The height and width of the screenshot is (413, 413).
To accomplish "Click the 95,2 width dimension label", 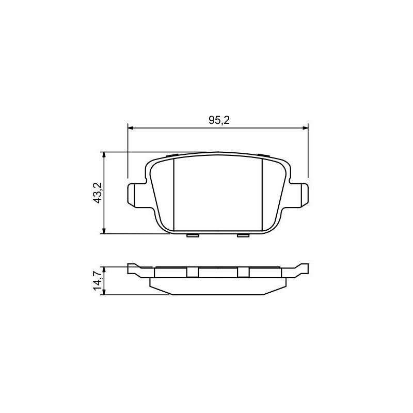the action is pyautogui.click(x=219, y=120).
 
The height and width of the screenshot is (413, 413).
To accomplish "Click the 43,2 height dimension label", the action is pyautogui.click(x=98, y=193).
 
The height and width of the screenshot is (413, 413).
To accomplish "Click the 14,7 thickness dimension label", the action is pyautogui.click(x=98, y=281).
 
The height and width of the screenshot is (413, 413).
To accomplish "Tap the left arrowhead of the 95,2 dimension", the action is pyautogui.click(x=131, y=128).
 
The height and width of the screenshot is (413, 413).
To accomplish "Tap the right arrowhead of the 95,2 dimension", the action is pyautogui.click(x=305, y=128).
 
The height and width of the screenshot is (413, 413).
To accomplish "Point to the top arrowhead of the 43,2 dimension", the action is pyautogui.click(x=104, y=155).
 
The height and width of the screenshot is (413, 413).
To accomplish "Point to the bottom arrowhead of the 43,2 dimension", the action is pyautogui.click(x=104, y=231).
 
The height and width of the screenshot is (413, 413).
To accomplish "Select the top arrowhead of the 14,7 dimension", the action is pyautogui.click(x=104, y=269).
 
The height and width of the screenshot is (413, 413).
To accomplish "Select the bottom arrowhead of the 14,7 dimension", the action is pyautogui.click(x=104, y=292).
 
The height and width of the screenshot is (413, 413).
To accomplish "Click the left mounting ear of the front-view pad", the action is pyautogui.click(x=136, y=195).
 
